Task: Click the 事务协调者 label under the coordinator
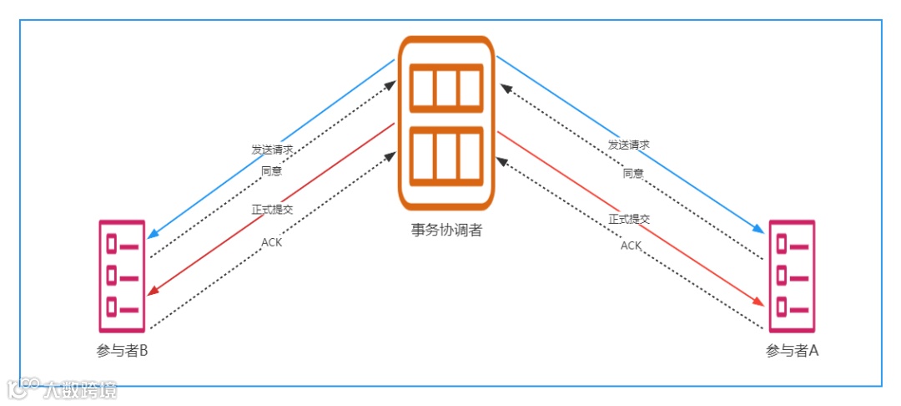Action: pyautogui.click(x=446, y=230)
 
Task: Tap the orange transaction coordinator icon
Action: pyautogui.click(x=446, y=122)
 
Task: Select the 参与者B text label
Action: pyautogui.click(x=122, y=350)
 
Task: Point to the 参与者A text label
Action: pyautogui.click(x=792, y=350)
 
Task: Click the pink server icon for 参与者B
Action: pyautogui.click(x=122, y=277)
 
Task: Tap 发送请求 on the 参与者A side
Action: pyautogui.click(x=629, y=145)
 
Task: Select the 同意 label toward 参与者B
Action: pyautogui.click(x=272, y=171)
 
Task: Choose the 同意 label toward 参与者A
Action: pyautogui.click(x=633, y=173)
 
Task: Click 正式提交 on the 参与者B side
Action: pyautogui.click(x=272, y=209)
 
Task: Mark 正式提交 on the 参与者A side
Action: pyautogui.click(x=629, y=219)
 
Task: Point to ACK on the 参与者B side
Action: pyautogui.click(x=272, y=242)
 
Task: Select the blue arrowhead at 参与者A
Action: pyautogui.click(x=759, y=230)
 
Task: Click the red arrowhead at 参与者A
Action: pyautogui.click(x=759, y=302)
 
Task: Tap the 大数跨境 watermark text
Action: pyautogui.click(x=80, y=389)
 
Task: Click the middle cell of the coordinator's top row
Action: pyautogui.click(x=446, y=87)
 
